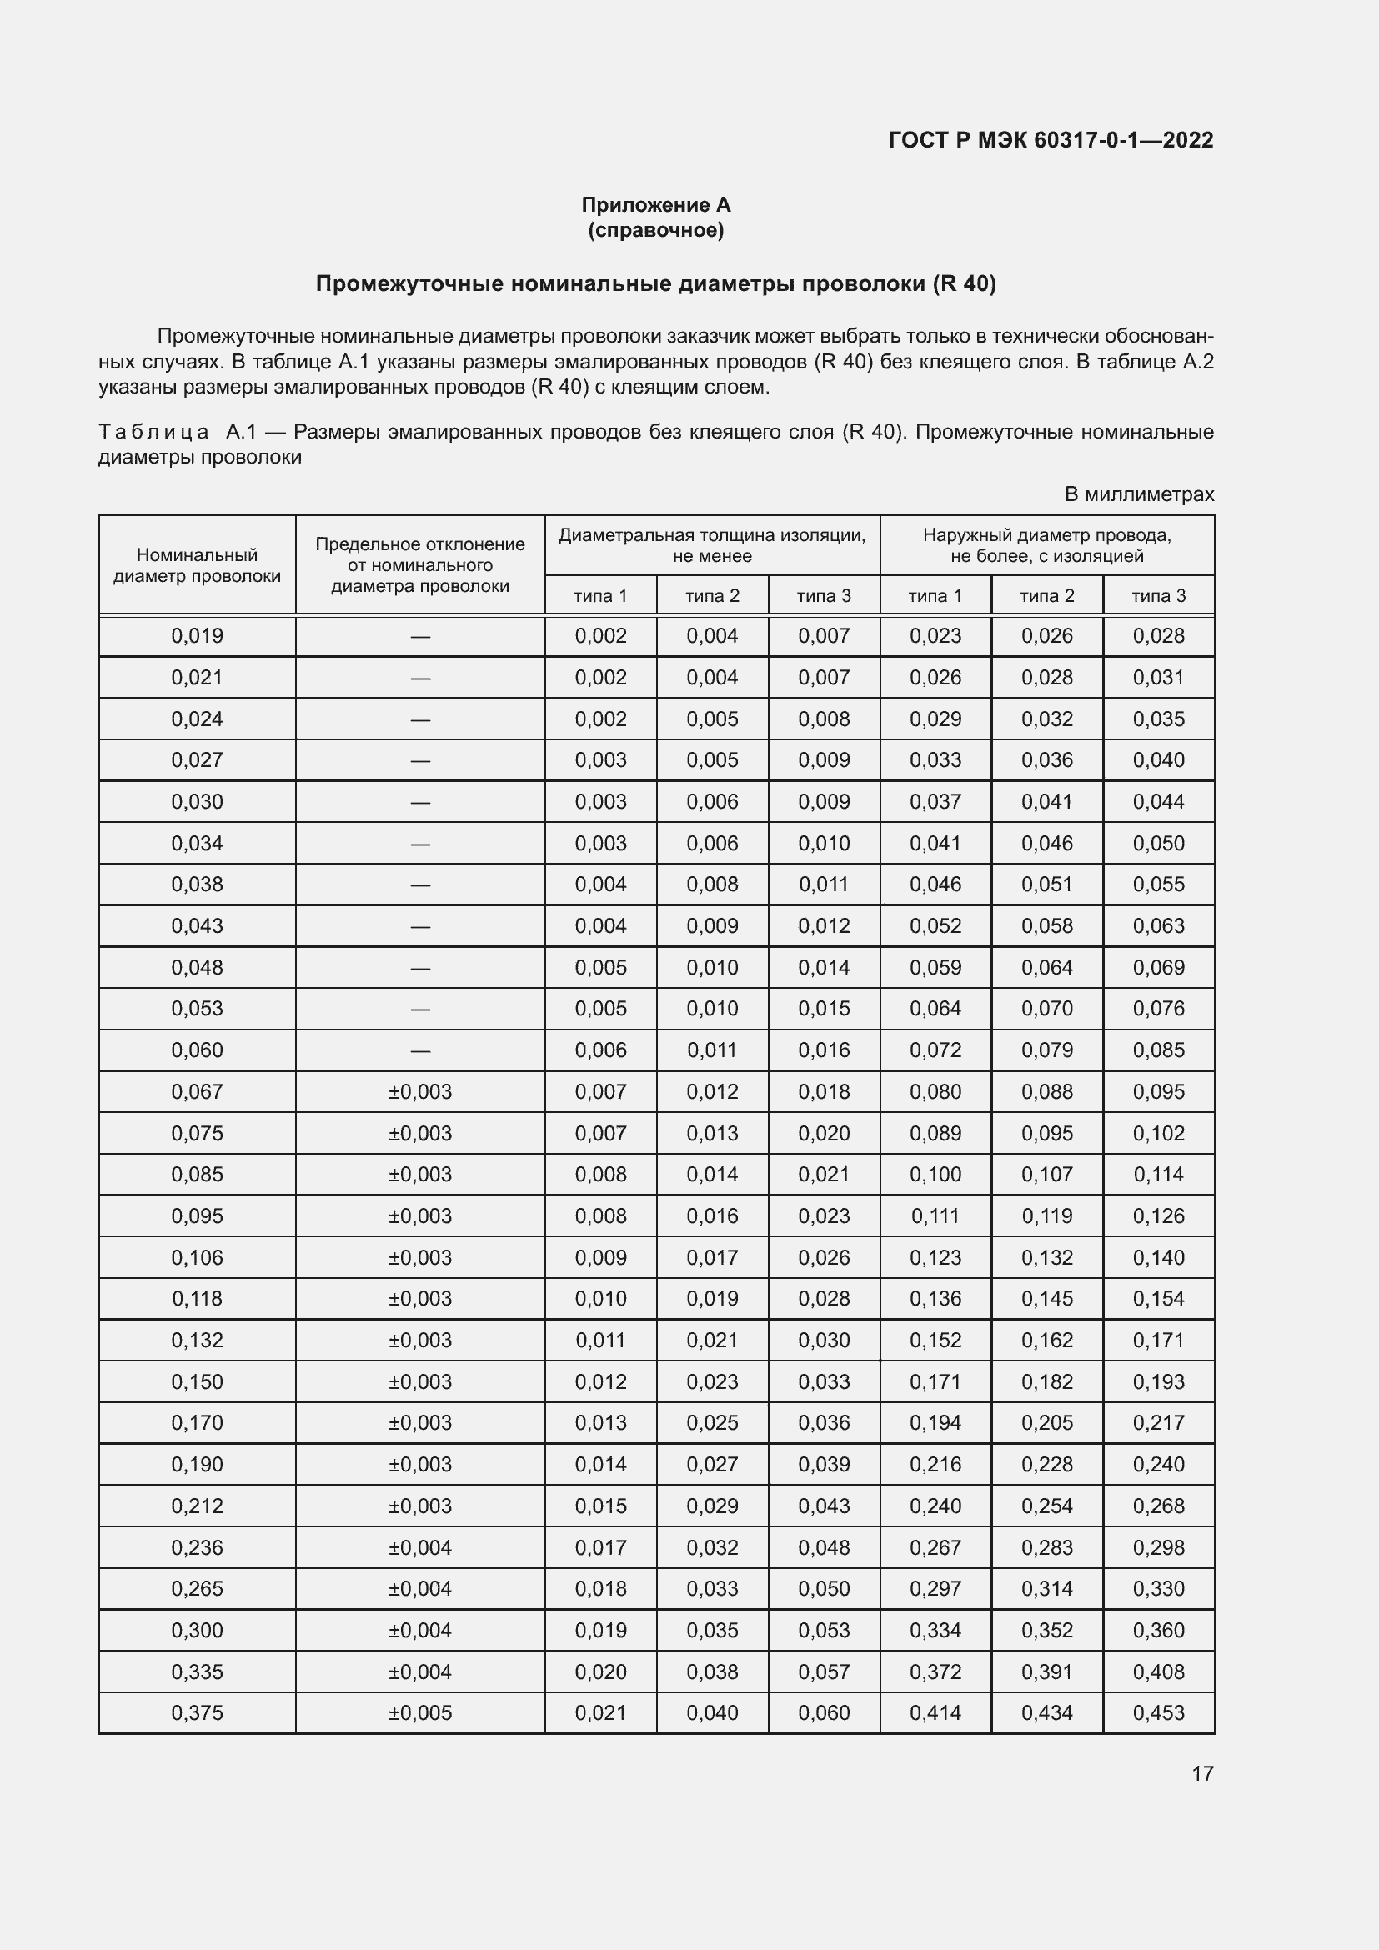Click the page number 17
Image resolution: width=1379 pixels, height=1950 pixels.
1202,1773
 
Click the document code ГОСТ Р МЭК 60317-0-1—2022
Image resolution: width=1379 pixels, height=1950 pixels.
1051,140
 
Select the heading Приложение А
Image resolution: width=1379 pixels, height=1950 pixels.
655,205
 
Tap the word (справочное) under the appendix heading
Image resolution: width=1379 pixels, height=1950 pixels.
655,230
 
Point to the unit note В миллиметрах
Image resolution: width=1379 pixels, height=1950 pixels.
1139,494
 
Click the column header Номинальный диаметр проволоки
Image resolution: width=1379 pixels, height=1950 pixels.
197,564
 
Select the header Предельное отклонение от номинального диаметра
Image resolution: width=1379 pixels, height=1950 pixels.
419,564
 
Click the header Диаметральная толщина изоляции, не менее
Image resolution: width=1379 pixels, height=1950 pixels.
711,545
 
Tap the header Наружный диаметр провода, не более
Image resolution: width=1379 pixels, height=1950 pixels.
1046,545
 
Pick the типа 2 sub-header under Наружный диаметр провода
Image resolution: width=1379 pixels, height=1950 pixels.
1046,596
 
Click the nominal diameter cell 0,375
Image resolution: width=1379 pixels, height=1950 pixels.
197,1713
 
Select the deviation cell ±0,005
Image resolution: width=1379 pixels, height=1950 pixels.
419,1713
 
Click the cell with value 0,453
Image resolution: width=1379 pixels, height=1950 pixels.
1158,1713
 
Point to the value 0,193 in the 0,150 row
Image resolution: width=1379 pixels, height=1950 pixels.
1158,1381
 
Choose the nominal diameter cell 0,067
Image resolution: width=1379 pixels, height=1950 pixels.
197,1091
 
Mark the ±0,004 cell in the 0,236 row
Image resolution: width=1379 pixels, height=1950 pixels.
419,1547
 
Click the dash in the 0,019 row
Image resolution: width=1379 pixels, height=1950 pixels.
419,636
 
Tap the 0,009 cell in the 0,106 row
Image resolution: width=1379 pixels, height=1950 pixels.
600,1257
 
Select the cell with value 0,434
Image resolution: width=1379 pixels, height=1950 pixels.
1046,1713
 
